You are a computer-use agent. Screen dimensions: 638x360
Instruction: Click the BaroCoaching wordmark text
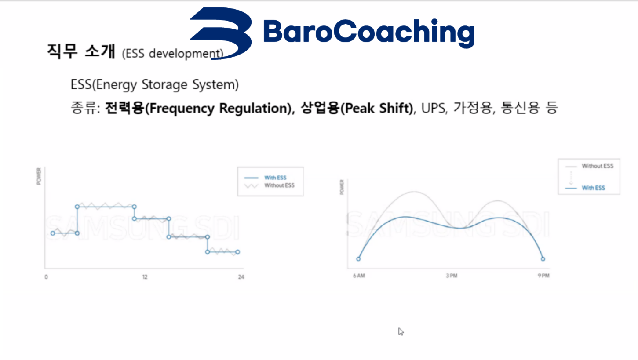point(369,33)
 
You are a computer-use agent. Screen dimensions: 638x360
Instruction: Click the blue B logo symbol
point(221,33)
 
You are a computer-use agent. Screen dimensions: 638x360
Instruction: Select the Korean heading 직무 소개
point(81,51)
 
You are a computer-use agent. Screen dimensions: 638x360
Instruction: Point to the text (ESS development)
point(173,54)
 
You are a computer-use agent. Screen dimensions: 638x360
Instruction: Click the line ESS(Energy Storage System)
point(155,84)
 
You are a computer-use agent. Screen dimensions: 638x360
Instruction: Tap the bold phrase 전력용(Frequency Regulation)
point(198,108)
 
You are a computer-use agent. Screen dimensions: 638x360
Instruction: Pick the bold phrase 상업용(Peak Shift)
point(357,108)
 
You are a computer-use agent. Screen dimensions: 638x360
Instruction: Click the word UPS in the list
point(433,108)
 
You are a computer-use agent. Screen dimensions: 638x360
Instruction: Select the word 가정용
point(473,108)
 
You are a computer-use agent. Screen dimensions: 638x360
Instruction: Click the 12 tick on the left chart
point(145,277)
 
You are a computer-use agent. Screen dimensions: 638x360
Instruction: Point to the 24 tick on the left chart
point(241,277)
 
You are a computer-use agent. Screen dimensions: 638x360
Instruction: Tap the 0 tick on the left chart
point(46,277)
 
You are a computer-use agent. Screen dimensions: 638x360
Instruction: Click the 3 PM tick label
point(452,276)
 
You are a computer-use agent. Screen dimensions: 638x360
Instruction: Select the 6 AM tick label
point(359,276)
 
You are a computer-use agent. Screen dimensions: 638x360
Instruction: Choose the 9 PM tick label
point(543,276)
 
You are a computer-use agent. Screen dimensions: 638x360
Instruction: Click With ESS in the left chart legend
point(275,178)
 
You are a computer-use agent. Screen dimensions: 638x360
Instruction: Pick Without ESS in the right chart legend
point(598,166)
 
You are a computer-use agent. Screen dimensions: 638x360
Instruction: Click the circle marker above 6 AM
point(358,259)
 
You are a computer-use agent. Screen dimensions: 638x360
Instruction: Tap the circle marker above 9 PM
point(543,259)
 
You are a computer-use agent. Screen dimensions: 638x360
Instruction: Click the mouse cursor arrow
point(401,331)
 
